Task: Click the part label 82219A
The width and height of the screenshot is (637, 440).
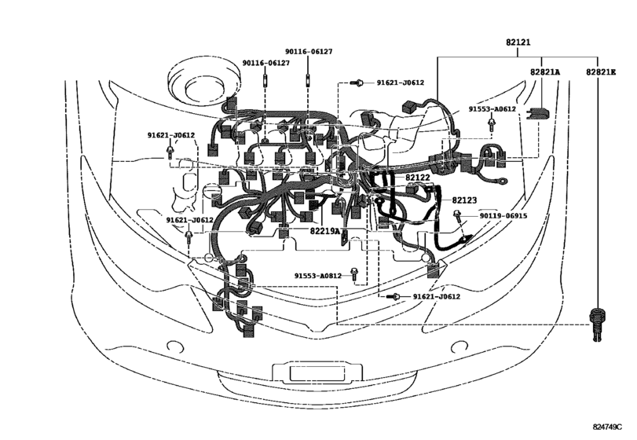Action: (x=324, y=232)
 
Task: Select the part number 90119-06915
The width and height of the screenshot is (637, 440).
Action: (x=503, y=215)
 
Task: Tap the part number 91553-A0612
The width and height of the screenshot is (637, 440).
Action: (x=492, y=109)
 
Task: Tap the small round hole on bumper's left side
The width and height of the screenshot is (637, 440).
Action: (x=169, y=342)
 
